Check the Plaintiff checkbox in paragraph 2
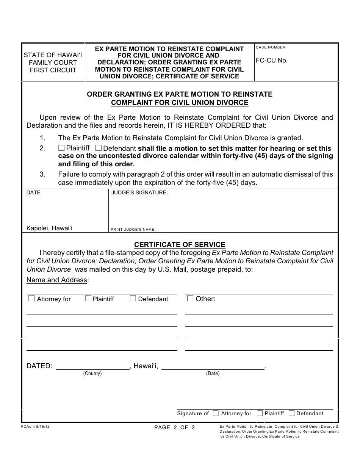tap(61, 148)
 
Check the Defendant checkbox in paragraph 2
tap(99, 148)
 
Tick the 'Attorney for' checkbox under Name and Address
tap(32, 299)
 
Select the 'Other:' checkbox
tap(190, 299)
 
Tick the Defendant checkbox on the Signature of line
tap(292, 413)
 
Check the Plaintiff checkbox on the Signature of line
tap(260, 413)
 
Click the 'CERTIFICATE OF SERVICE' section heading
tap(180, 245)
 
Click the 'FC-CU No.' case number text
tap(272, 60)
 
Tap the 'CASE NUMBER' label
tap(271, 47)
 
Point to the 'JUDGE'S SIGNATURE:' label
tap(139, 193)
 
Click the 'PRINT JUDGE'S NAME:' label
tap(133, 230)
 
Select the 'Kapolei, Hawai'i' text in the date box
tap(49, 228)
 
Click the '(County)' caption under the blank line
tap(92, 374)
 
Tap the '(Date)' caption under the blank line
tap(213, 374)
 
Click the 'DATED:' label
tap(39, 366)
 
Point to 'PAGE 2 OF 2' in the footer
tap(175, 428)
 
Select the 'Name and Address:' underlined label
tap(58, 280)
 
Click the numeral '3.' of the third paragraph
tap(42, 174)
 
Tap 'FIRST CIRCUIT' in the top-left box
tap(53, 70)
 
